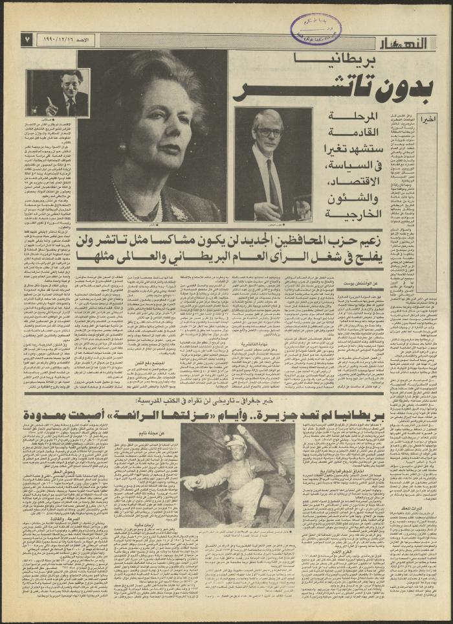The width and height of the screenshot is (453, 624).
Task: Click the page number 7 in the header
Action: click(27, 40)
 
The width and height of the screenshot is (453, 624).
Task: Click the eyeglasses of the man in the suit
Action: click(268, 132)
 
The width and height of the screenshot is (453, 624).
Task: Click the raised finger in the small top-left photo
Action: click(49, 101)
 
